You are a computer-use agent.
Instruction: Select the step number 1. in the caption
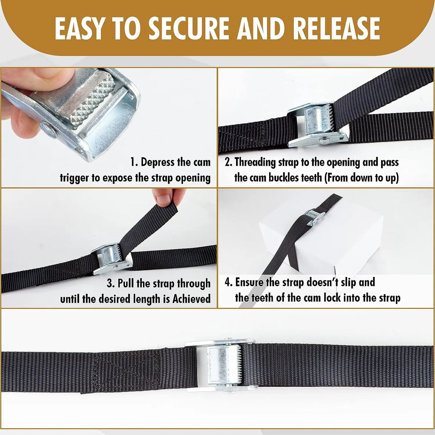[x=134, y=162]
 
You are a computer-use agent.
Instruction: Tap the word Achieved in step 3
[x=191, y=299]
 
